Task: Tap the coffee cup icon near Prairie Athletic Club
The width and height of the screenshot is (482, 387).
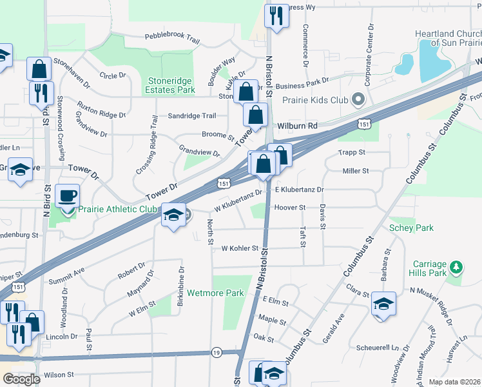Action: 66,195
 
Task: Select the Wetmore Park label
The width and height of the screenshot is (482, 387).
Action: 216,293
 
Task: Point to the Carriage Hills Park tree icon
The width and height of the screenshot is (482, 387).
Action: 455,267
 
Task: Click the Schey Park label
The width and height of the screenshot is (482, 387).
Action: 410,228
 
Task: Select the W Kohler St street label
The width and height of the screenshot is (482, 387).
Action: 240,248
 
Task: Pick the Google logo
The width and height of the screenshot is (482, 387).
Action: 21,379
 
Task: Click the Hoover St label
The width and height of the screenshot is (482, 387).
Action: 289,208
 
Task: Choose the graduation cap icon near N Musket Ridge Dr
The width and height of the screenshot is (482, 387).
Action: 383,304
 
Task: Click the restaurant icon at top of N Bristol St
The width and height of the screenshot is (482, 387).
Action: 276,15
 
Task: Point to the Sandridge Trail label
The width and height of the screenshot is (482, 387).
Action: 191,115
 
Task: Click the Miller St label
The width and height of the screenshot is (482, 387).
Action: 355,171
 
